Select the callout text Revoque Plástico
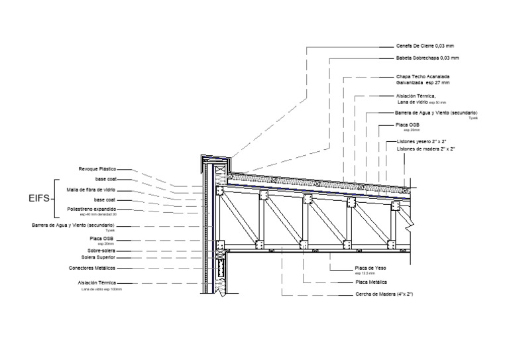tap(97, 169)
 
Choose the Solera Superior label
tap(99, 257)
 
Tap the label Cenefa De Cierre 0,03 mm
tap(424, 46)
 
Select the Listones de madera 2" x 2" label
tap(425, 150)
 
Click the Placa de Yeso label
tap(370, 268)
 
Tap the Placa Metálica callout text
tap(371, 282)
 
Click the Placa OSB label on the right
tap(407, 125)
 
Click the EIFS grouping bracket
tap(56, 198)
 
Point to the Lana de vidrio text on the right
tap(412, 102)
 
